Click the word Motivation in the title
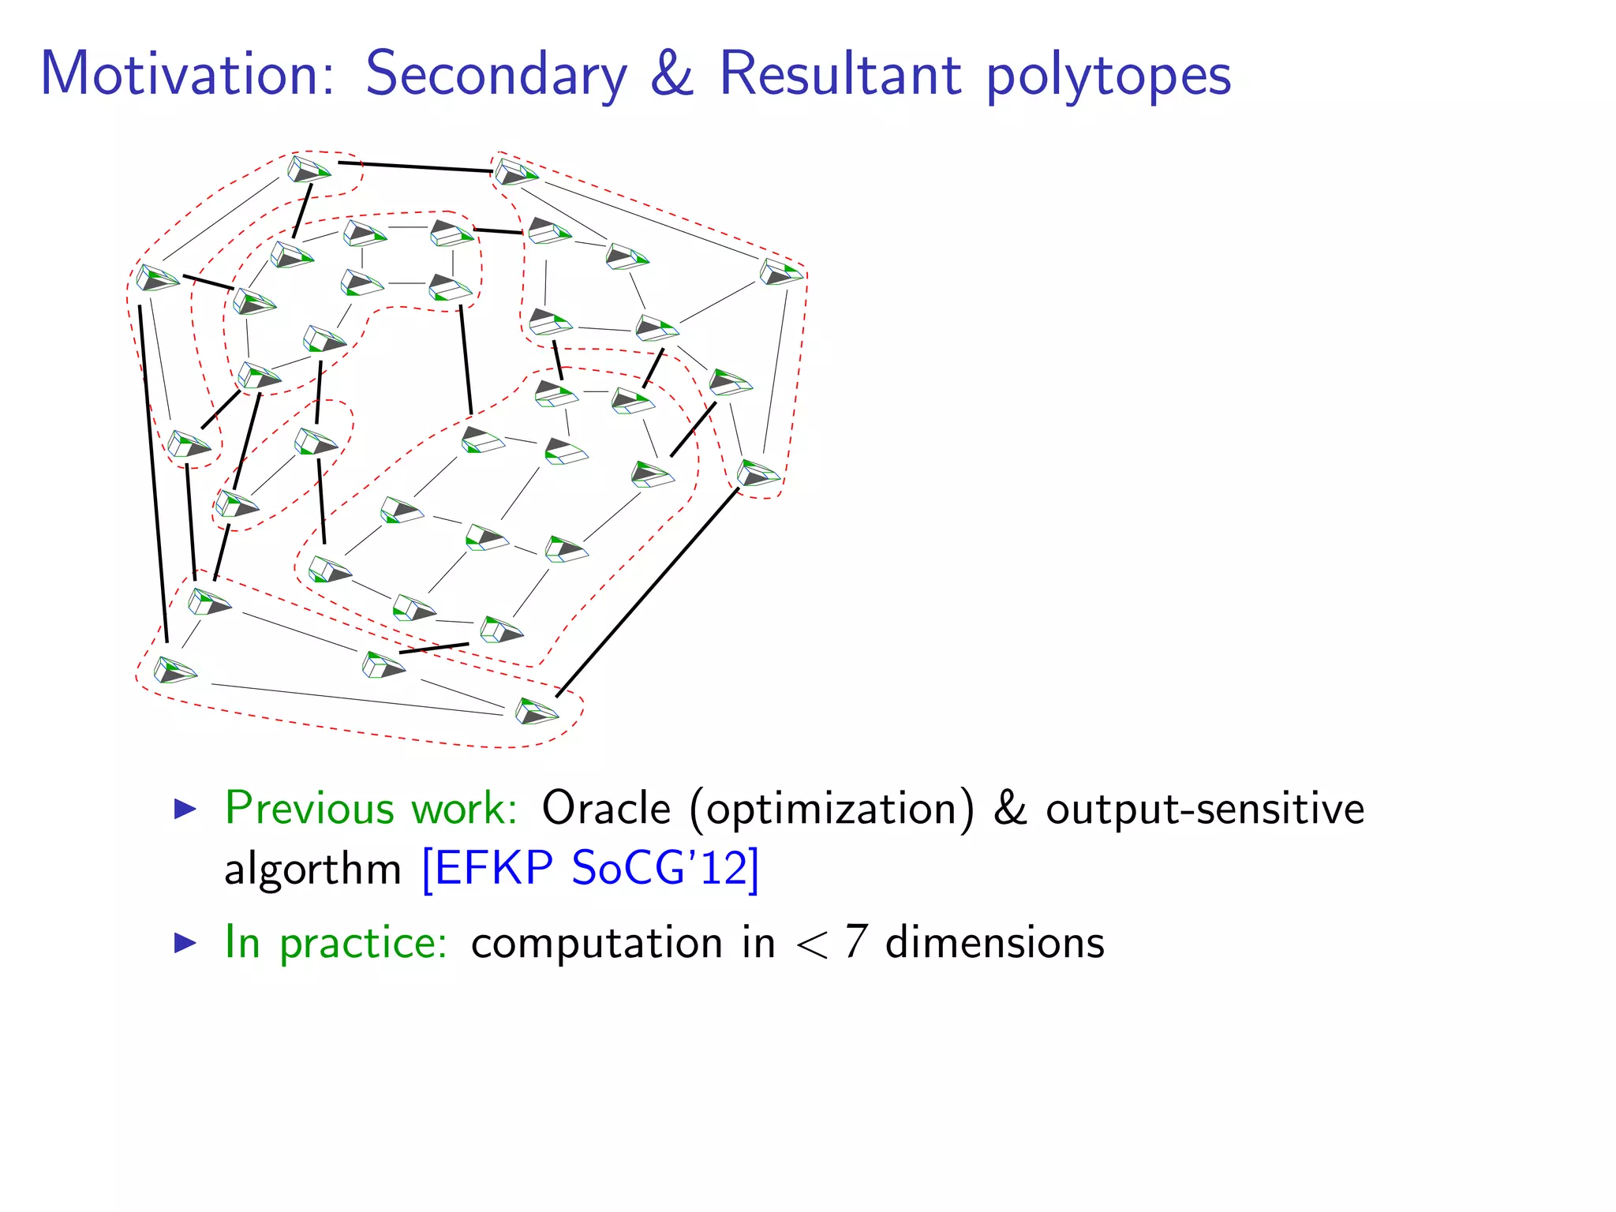click(x=188, y=74)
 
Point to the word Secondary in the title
click(x=496, y=76)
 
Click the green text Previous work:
click(x=371, y=808)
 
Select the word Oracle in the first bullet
click(x=605, y=808)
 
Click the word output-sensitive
click(x=1204, y=810)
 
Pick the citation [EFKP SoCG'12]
click(x=590, y=869)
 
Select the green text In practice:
click(x=336, y=942)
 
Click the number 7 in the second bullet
click(x=855, y=942)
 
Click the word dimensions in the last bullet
click(x=994, y=942)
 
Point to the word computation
click(x=598, y=944)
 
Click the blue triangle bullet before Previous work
click(x=185, y=808)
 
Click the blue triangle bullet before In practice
click(x=185, y=942)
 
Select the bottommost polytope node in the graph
click(x=537, y=711)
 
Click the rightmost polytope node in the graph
click(x=781, y=273)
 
